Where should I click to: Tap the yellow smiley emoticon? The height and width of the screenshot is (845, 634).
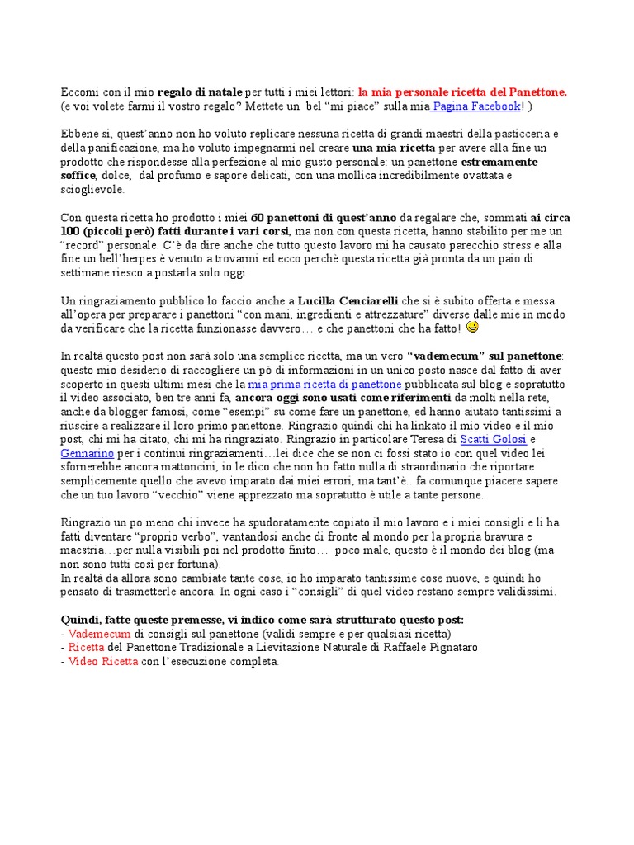(472, 328)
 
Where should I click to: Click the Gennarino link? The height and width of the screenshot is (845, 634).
(88, 454)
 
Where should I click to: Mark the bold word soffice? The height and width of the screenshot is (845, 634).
(78, 176)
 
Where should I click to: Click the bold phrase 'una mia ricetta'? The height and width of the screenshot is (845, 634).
(390, 148)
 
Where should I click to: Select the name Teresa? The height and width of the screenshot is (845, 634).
(426, 440)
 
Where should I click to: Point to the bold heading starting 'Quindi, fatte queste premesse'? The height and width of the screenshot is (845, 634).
(263, 620)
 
